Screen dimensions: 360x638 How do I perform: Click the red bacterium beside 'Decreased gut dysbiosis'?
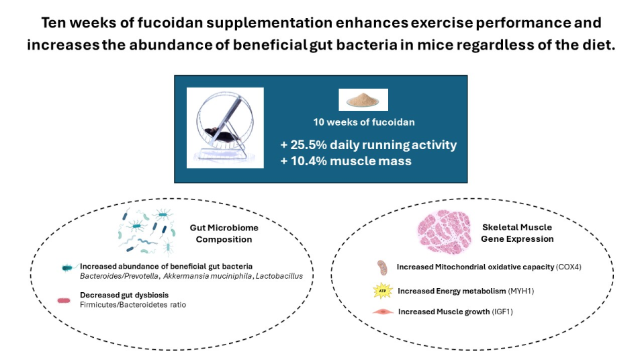point(65,300)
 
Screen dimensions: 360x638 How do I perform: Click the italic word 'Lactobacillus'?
point(277,275)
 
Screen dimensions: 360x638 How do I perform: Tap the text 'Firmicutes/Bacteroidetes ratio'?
point(132,305)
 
